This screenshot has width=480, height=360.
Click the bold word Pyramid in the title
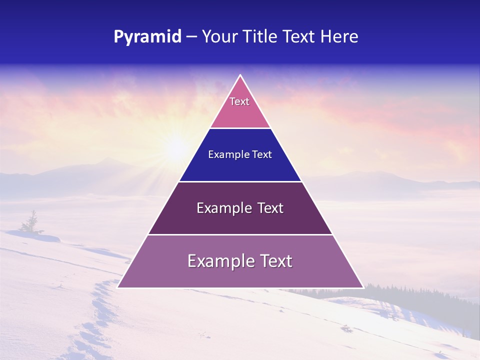147,37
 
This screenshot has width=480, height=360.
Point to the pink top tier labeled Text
240,107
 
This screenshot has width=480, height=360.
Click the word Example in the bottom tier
219,261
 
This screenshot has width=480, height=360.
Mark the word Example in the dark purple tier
222,208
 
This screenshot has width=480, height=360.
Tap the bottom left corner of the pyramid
118,287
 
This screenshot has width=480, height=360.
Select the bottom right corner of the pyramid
362,287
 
